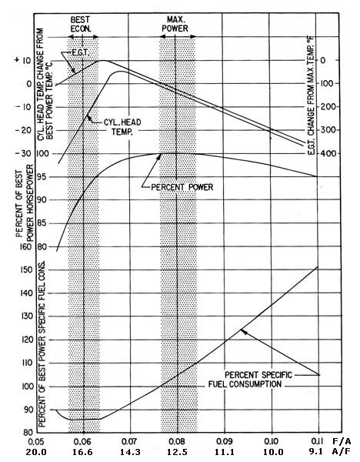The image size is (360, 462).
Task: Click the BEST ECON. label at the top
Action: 80,24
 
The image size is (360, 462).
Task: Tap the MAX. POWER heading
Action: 175,24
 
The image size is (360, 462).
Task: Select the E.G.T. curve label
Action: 80,53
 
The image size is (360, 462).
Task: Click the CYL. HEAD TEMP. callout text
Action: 122,127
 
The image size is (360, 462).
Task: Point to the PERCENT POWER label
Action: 182,187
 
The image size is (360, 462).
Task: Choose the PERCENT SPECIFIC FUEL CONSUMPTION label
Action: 250,380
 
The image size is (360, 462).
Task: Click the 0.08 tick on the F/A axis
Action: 177,441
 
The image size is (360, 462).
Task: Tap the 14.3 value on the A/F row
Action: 129,452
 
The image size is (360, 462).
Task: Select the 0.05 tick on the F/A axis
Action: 36,442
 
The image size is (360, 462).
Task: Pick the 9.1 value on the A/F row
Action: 317,452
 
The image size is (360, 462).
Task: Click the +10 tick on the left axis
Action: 22,60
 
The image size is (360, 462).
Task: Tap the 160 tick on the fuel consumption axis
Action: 25,246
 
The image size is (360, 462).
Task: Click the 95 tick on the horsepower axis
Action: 42,177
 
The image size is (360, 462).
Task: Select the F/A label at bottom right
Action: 342,441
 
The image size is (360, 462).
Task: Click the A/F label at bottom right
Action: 342,452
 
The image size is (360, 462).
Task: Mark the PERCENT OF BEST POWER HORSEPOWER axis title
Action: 25,203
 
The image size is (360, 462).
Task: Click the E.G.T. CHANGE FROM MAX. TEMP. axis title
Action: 311,95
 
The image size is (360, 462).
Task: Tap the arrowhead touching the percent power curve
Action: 158,156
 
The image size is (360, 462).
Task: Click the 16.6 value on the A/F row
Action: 83,452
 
